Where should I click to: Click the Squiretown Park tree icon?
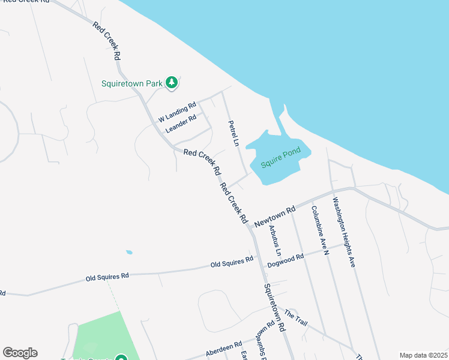(172, 83)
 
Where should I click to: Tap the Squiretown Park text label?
(131, 83)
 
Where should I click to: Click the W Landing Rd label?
(177, 112)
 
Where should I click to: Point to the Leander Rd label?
(181, 124)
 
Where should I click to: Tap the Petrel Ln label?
(233, 134)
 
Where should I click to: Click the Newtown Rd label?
(275, 217)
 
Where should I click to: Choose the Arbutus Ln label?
(275, 236)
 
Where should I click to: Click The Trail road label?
(296, 318)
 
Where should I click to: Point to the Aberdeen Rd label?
(223, 349)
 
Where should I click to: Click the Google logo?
(20, 353)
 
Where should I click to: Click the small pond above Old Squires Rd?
(129, 252)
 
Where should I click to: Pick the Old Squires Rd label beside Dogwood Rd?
(232, 262)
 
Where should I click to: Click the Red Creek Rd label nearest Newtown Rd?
(235, 203)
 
